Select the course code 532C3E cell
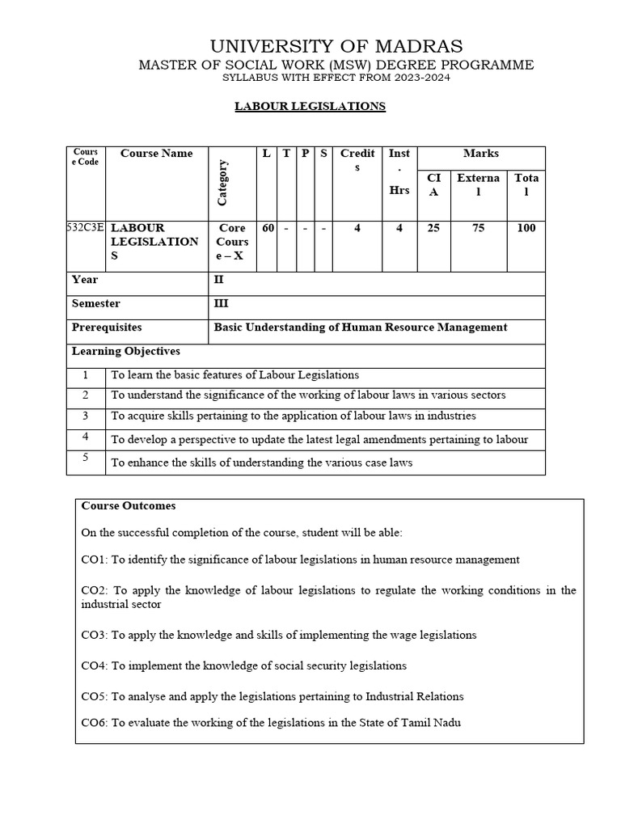85,229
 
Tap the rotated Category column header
222,182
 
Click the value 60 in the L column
266,229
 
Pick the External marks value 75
478,229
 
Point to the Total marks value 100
526,229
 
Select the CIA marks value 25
433,229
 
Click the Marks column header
480,154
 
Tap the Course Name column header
156,154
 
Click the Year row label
85,280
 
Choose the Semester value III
221,303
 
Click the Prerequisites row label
106,327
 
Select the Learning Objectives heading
125,352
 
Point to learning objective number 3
85,416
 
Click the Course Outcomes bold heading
128,506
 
